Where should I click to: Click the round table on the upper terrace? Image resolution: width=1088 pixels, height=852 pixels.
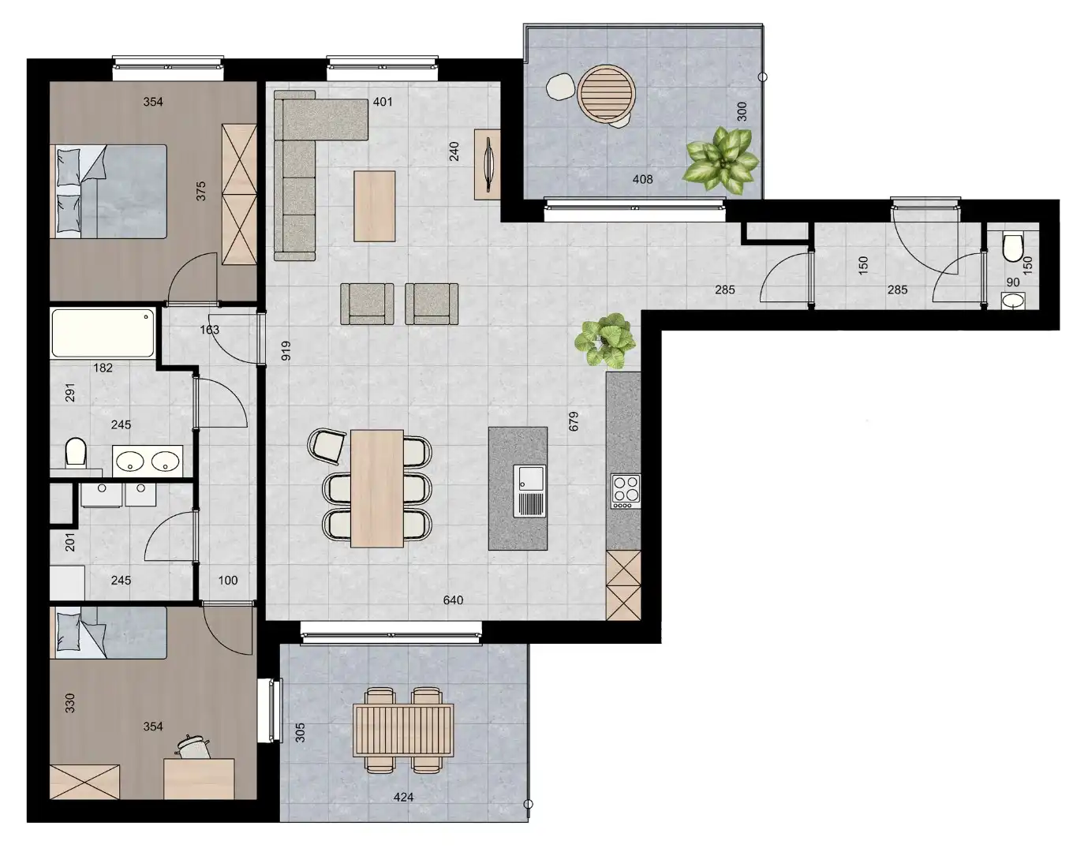click(607, 92)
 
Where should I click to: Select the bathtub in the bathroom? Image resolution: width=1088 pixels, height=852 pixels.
click(103, 334)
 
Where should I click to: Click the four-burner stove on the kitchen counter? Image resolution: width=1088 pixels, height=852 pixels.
click(626, 489)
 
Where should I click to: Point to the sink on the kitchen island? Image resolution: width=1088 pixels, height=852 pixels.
click(529, 491)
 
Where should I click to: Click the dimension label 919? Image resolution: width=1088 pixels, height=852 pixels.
click(286, 351)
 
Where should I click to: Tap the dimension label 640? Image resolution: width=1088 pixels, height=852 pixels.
click(453, 600)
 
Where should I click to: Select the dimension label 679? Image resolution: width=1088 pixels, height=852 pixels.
click(574, 420)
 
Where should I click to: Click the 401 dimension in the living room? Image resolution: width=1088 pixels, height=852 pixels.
click(383, 102)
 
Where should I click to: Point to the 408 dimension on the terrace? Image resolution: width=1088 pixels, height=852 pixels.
click(643, 179)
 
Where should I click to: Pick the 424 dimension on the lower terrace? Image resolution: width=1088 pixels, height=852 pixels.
click(403, 797)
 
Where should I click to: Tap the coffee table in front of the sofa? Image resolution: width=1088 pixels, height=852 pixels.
click(374, 206)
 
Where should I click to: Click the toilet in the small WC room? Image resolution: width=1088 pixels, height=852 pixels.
click(1011, 247)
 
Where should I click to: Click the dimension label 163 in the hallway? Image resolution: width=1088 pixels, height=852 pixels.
click(209, 330)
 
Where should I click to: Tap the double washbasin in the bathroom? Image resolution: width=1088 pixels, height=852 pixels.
click(148, 459)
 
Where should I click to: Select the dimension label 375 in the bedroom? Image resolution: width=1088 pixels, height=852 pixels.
click(201, 191)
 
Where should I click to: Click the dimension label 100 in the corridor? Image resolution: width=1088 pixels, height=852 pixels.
click(228, 580)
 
